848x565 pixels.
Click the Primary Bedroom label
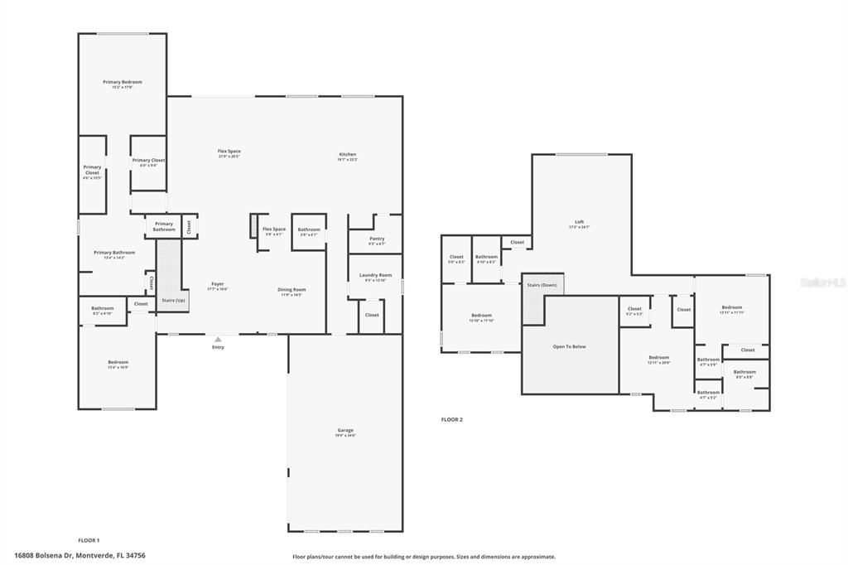pyautogui.click(x=123, y=83)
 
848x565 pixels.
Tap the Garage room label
pyautogui.click(x=345, y=431)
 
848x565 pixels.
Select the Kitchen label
pyautogui.click(x=348, y=155)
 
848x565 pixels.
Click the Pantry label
pyautogui.click(x=377, y=239)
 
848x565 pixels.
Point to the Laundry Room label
pyautogui.click(x=375, y=276)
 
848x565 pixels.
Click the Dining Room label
pyautogui.click(x=291, y=290)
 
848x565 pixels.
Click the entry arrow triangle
pyautogui.click(x=218, y=339)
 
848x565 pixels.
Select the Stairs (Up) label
pyautogui.click(x=173, y=300)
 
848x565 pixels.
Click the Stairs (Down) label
pyautogui.click(x=542, y=285)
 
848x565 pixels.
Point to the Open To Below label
pyautogui.click(x=569, y=346)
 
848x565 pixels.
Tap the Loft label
pyautogui.click(x=580, y=222)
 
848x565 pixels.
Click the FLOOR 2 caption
pyautogui.click(x=451, y=420)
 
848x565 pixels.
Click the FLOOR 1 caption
pyautogui.click(x=89, y=540)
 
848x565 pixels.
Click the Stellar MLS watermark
pyautogui.click(x=822, y=282)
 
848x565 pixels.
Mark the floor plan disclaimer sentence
pyautogui.click(x=423, y=557)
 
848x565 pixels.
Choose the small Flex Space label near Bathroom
pyautogui.click(x=273, y=229)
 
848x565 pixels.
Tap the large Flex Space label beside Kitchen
pyautogui.click(x=229, y=152)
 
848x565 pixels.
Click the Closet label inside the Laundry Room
pyautogui.click(x=372, y=315)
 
